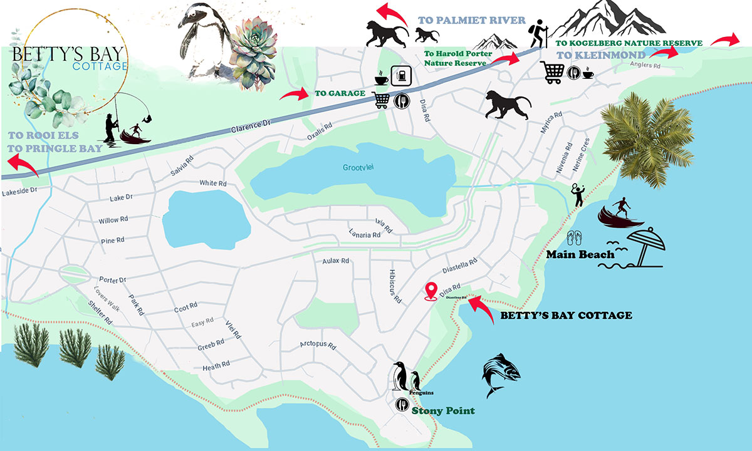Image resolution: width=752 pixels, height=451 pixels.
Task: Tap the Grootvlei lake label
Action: [357, 168]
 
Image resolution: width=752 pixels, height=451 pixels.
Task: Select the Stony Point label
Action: [443, 411]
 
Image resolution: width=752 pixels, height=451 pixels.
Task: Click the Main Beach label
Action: [580, 254]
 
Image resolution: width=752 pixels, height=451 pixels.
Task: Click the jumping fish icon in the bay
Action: [501, 375]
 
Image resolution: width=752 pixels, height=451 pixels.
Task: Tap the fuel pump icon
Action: [400, 76]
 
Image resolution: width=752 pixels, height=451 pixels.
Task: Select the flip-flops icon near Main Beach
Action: [575, 239]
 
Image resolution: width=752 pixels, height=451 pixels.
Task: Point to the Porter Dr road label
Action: [113, 279]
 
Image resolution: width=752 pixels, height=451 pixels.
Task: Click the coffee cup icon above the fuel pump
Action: [382, 79]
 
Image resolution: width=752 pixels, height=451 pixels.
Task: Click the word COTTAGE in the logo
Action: [100, 66]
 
